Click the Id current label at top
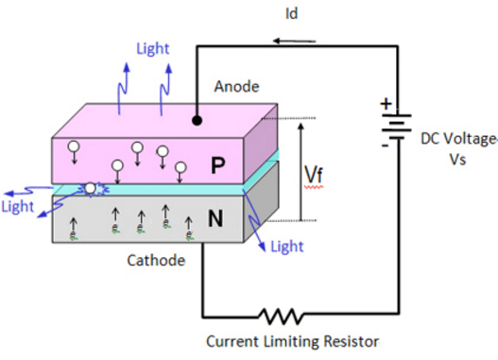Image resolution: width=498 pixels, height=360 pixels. pyautogui.click(x=318, y=14)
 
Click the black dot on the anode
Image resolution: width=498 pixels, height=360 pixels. pyautogui.click(x=197, y=121)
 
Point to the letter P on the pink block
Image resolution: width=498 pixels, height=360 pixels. pyautogui.click(x=217, y=166)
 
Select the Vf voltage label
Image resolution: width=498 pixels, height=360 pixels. pyautogui.click(x=318, y=173)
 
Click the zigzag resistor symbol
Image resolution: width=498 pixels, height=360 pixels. pyautogui.click(x=283, y=315)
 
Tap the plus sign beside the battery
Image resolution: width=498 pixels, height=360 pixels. pyautogui.click(x=384, y=105)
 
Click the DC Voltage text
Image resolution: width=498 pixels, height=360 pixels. pyautogui.click(x=459, y=139)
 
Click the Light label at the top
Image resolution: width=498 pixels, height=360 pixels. pyautogui.click(x=154, y=47)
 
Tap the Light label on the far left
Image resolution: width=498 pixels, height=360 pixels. pyautogui.click(x=18, y=205)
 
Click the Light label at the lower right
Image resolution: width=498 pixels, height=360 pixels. pyautogui.click(x=287, y=247)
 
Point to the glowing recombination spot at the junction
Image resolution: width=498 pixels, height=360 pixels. pyautogui.click(x=93, y=189)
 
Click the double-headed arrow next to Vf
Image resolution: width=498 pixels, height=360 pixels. pyautogui.click(x=300, y=171)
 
